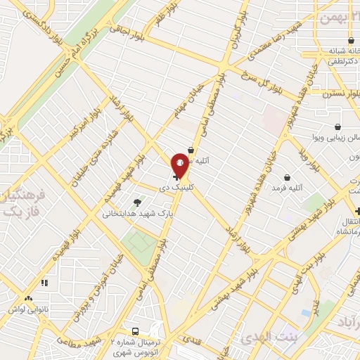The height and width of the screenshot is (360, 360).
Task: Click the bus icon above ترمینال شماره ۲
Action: [x=136, y=331]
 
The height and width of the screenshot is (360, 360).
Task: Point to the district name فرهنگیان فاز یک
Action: [x=17, y=200]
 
